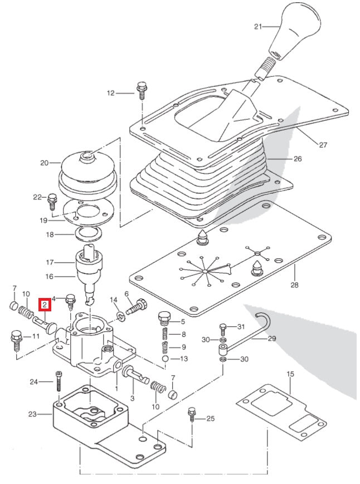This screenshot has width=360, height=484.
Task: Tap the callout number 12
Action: click(110, 93)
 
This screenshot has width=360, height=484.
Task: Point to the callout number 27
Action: click(323, 145)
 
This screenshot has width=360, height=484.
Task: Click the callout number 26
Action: click(297, 159)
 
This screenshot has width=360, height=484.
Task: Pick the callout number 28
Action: click(294, 285)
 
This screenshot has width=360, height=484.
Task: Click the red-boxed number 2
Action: click(44, 304)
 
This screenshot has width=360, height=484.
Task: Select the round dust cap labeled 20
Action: click(87, 170)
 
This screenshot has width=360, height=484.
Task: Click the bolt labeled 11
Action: click(16, 338)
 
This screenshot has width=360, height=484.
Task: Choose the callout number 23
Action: click(32, 414)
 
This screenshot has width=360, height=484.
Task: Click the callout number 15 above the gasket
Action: click(290, 374)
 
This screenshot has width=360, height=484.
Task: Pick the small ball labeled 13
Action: click(166, 359)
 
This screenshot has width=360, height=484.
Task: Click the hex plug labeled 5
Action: click(164, 319)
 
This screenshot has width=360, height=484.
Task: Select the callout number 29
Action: click(271, 338)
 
